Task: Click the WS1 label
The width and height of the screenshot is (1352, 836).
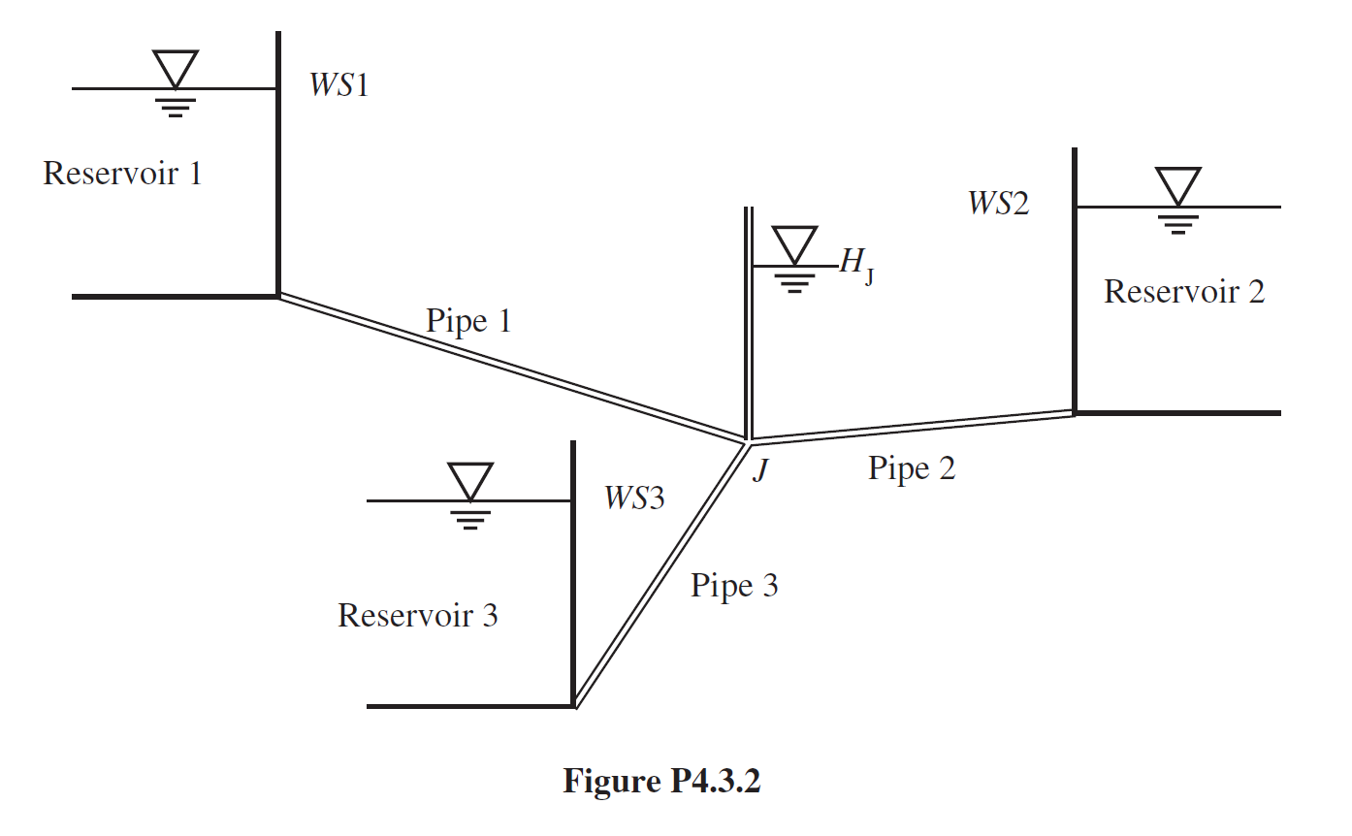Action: click(338, 85)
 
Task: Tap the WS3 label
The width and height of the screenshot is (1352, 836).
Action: click(634, 498)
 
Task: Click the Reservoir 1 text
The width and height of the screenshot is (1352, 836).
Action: click(123, 174)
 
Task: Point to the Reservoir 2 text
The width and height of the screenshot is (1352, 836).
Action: click(1183, 291)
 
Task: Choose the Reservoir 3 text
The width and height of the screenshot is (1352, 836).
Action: click(417, 615)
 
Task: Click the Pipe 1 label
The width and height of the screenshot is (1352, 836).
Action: click(467, 320)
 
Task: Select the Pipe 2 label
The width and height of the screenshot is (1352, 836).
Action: click(911, 468)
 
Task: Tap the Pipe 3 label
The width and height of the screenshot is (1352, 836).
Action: click(733, 586)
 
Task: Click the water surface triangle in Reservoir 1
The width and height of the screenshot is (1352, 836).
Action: click(176, 70)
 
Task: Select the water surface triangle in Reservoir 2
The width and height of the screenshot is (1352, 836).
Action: click(1177, 186)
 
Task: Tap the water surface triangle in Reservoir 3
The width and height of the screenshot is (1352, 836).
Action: click(469, 481)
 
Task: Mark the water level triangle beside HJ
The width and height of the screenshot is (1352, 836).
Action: click(795, 245)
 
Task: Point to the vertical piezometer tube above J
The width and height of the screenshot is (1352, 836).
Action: click(747, 320)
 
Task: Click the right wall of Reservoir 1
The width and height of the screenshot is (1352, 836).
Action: click(278, 165)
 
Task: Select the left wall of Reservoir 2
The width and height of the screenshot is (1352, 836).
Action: click(1074, 281)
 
